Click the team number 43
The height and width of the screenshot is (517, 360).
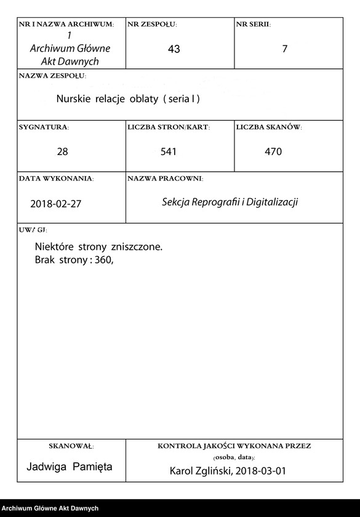174,49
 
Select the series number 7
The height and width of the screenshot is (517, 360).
284,49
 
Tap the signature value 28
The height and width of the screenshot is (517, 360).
62,151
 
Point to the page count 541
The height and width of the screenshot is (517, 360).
168,151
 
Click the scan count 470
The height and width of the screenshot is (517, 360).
273,151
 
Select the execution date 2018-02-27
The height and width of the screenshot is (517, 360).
55,204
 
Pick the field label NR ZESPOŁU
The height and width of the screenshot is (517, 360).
152,25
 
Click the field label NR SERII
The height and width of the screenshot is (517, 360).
253,25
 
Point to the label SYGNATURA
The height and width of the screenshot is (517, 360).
44,127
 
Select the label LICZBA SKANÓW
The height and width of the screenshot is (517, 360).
269,127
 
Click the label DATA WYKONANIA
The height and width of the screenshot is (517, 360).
56,178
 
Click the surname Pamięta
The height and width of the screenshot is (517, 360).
92,467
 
